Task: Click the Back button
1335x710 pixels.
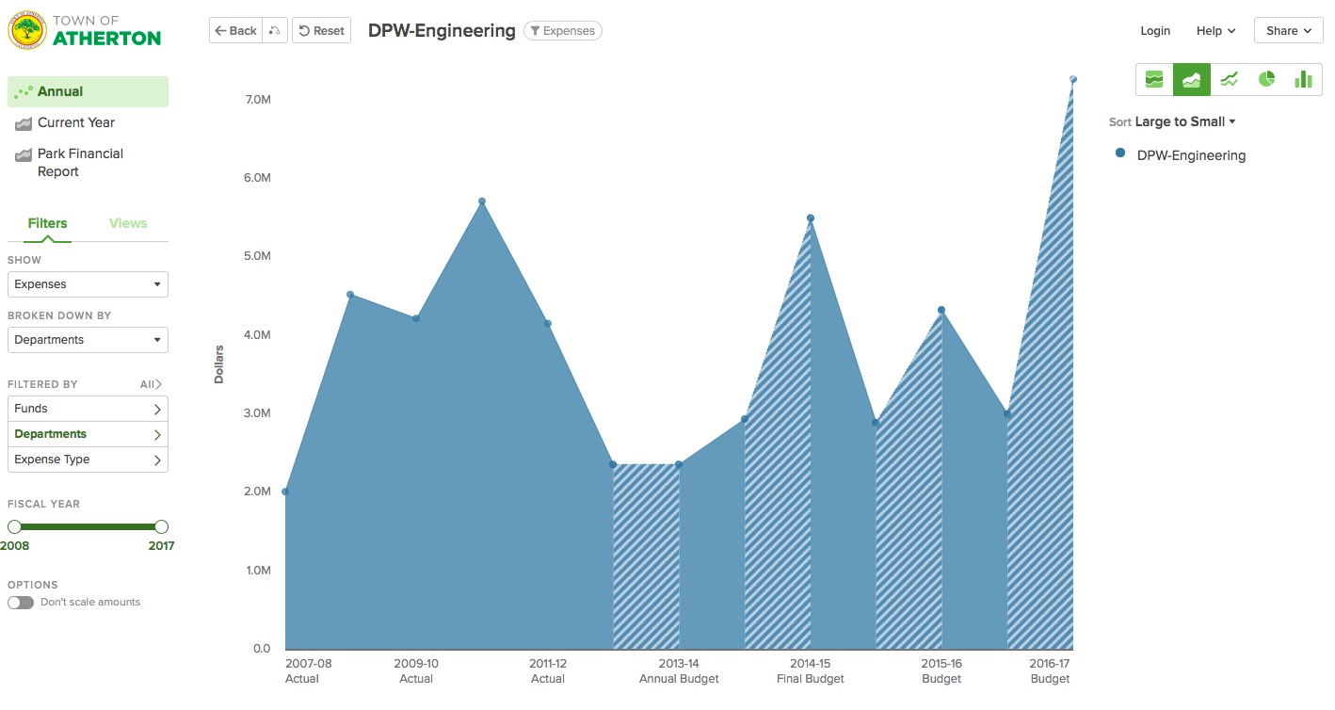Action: [x=234, y=31]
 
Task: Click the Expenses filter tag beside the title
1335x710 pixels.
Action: [x=562, y=31]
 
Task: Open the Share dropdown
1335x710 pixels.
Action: [x=1288, y=31]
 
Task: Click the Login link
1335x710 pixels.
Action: [x=1155, y=31]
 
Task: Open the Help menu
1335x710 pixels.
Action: [x=1215, y=31]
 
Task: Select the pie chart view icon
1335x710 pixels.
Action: [x=1266, y=79]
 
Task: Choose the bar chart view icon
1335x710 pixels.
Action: [x=1303, y=79]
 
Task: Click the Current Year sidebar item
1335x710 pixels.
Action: [x=75, y=122]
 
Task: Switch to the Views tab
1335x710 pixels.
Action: [x=128, y=223]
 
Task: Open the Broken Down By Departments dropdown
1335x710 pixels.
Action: [x=88, y=340]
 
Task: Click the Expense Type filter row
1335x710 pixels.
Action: [x=88, y=460]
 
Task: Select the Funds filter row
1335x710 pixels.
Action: [x=88, y=409]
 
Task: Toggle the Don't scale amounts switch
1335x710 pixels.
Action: [x=21, y=603]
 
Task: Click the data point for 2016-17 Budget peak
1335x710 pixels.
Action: [x=1072, y=79]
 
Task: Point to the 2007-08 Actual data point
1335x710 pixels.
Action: [x=285, y=492]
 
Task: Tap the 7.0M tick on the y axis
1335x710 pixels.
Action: [x=257, y=99]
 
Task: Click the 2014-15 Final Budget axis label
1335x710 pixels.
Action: [x=810, y=671]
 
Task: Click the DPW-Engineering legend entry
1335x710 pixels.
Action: [x=1190, y=155]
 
